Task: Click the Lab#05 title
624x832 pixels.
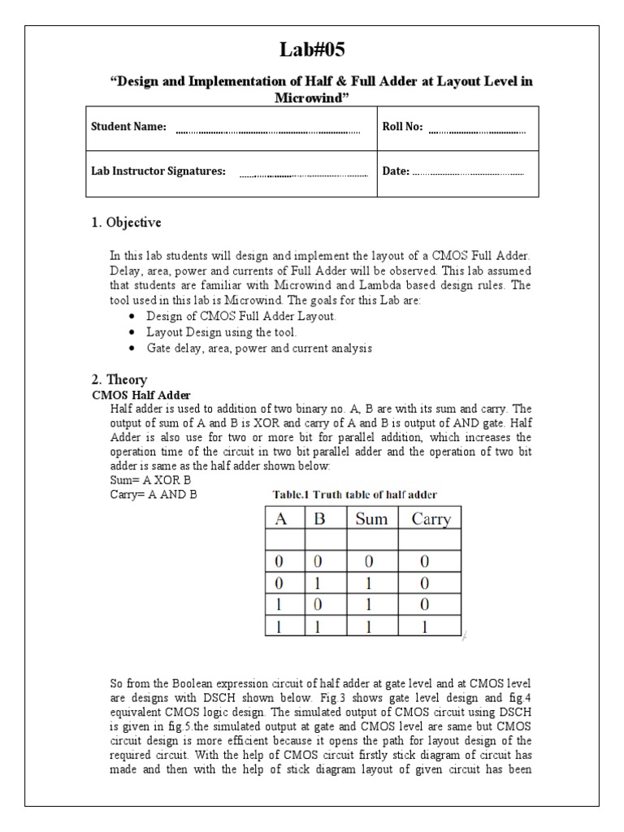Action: click(x=312, y=50)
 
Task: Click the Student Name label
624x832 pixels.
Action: click(x=128, y=127)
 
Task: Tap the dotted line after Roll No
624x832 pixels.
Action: click(x=477, y=131)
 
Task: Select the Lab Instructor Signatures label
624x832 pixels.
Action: click(x=158, y=172)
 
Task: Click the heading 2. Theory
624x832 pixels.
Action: click(x=119, y=379)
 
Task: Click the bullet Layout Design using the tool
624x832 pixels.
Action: click(x=222, y=332)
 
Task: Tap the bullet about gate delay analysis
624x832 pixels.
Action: click(x=258, y=348)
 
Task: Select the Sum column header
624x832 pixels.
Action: click(x=371, y=519)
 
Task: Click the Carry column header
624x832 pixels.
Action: click(x=431, y=519)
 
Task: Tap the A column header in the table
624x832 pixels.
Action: click(x=282, y=519)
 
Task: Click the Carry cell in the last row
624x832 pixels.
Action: click(x=431, y=627)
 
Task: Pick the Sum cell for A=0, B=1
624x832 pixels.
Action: click(x=371, y=583)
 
